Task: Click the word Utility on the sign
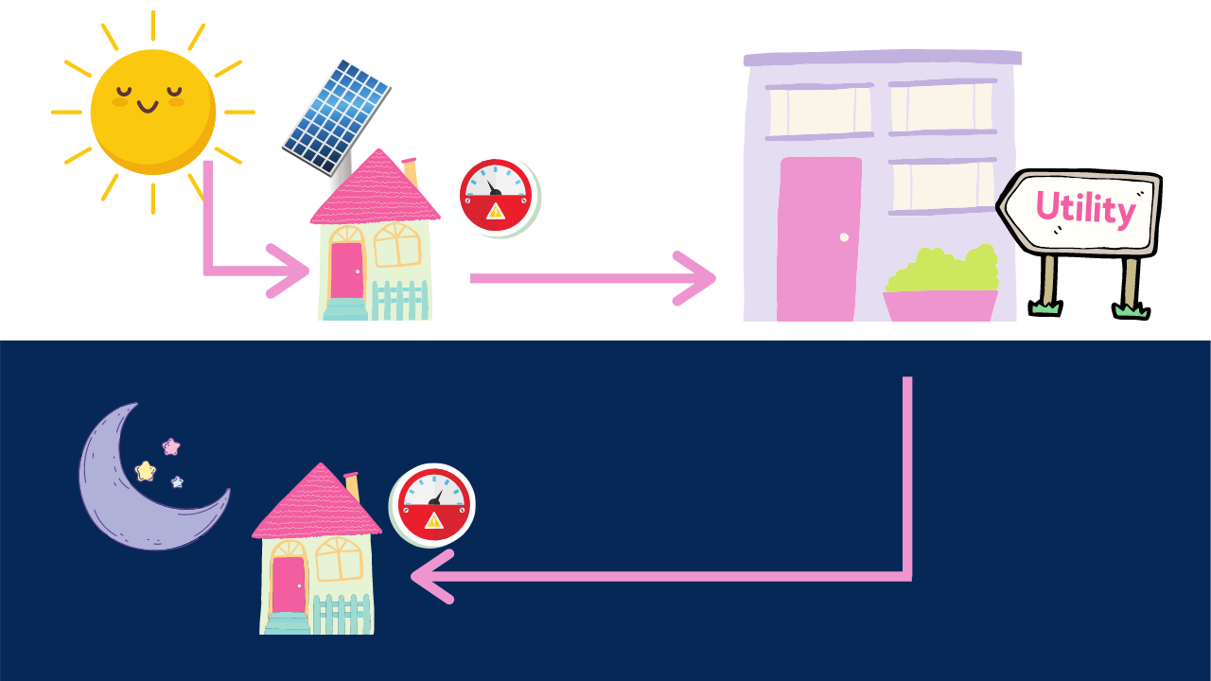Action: pyautogui.click(x=1084, y=207)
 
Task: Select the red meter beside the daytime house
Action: pyautogui.click(x=496, y=197)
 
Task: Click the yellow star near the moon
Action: pyautogui.click(x=145, y=470)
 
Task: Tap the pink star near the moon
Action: pyautogui.click(x=171, y=446)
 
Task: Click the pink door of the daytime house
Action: pyautogui.click(x=346, y=271)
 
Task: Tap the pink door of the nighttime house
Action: pyautogui.click(x=288, y=585)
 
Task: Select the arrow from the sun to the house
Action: pyautogui.click(x=227, y=271)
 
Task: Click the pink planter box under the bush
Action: pyautogui.click(x=939, y=306)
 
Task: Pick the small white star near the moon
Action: pyautogui.click(x=177, y=482)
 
